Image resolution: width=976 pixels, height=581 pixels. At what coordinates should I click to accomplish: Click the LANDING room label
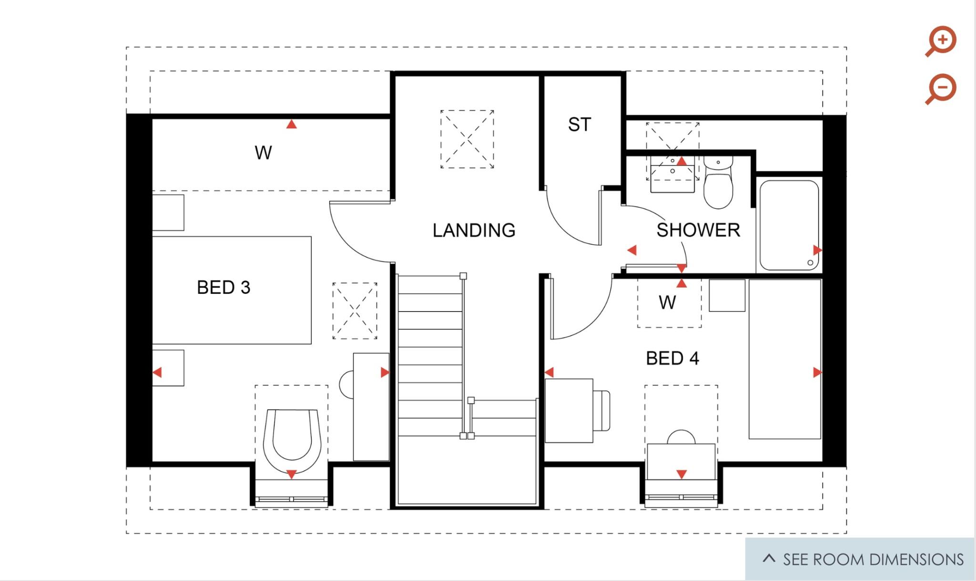click(474, 230)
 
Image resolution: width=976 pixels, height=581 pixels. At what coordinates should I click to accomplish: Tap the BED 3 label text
click(224, 288)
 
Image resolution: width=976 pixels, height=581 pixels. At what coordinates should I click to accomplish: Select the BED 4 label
click(672, 358)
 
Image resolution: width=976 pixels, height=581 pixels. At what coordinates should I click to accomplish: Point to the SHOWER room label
click(698, 230)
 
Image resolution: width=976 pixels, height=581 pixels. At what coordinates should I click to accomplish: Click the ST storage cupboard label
click(579, 124)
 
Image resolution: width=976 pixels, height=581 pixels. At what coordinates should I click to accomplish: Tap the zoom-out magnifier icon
click(942, 88)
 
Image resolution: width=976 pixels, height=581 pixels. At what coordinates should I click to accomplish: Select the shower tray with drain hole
click(789, 225)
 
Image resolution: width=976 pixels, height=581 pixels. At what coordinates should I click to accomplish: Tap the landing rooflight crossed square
click(467, 139)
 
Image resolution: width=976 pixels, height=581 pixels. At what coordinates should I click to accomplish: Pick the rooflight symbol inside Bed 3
click(355, 311)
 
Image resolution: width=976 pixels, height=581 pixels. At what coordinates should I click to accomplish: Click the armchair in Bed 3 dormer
click(292, 436)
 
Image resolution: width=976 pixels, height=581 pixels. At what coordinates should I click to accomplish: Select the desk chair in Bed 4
click(602, 410)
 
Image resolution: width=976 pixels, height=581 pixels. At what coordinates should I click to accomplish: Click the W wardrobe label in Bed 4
click(667, 302)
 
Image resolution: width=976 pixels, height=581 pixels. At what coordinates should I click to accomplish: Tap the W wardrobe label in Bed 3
click(263, 153)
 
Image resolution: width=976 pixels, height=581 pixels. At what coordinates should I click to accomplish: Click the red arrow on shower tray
click(817, 250)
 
